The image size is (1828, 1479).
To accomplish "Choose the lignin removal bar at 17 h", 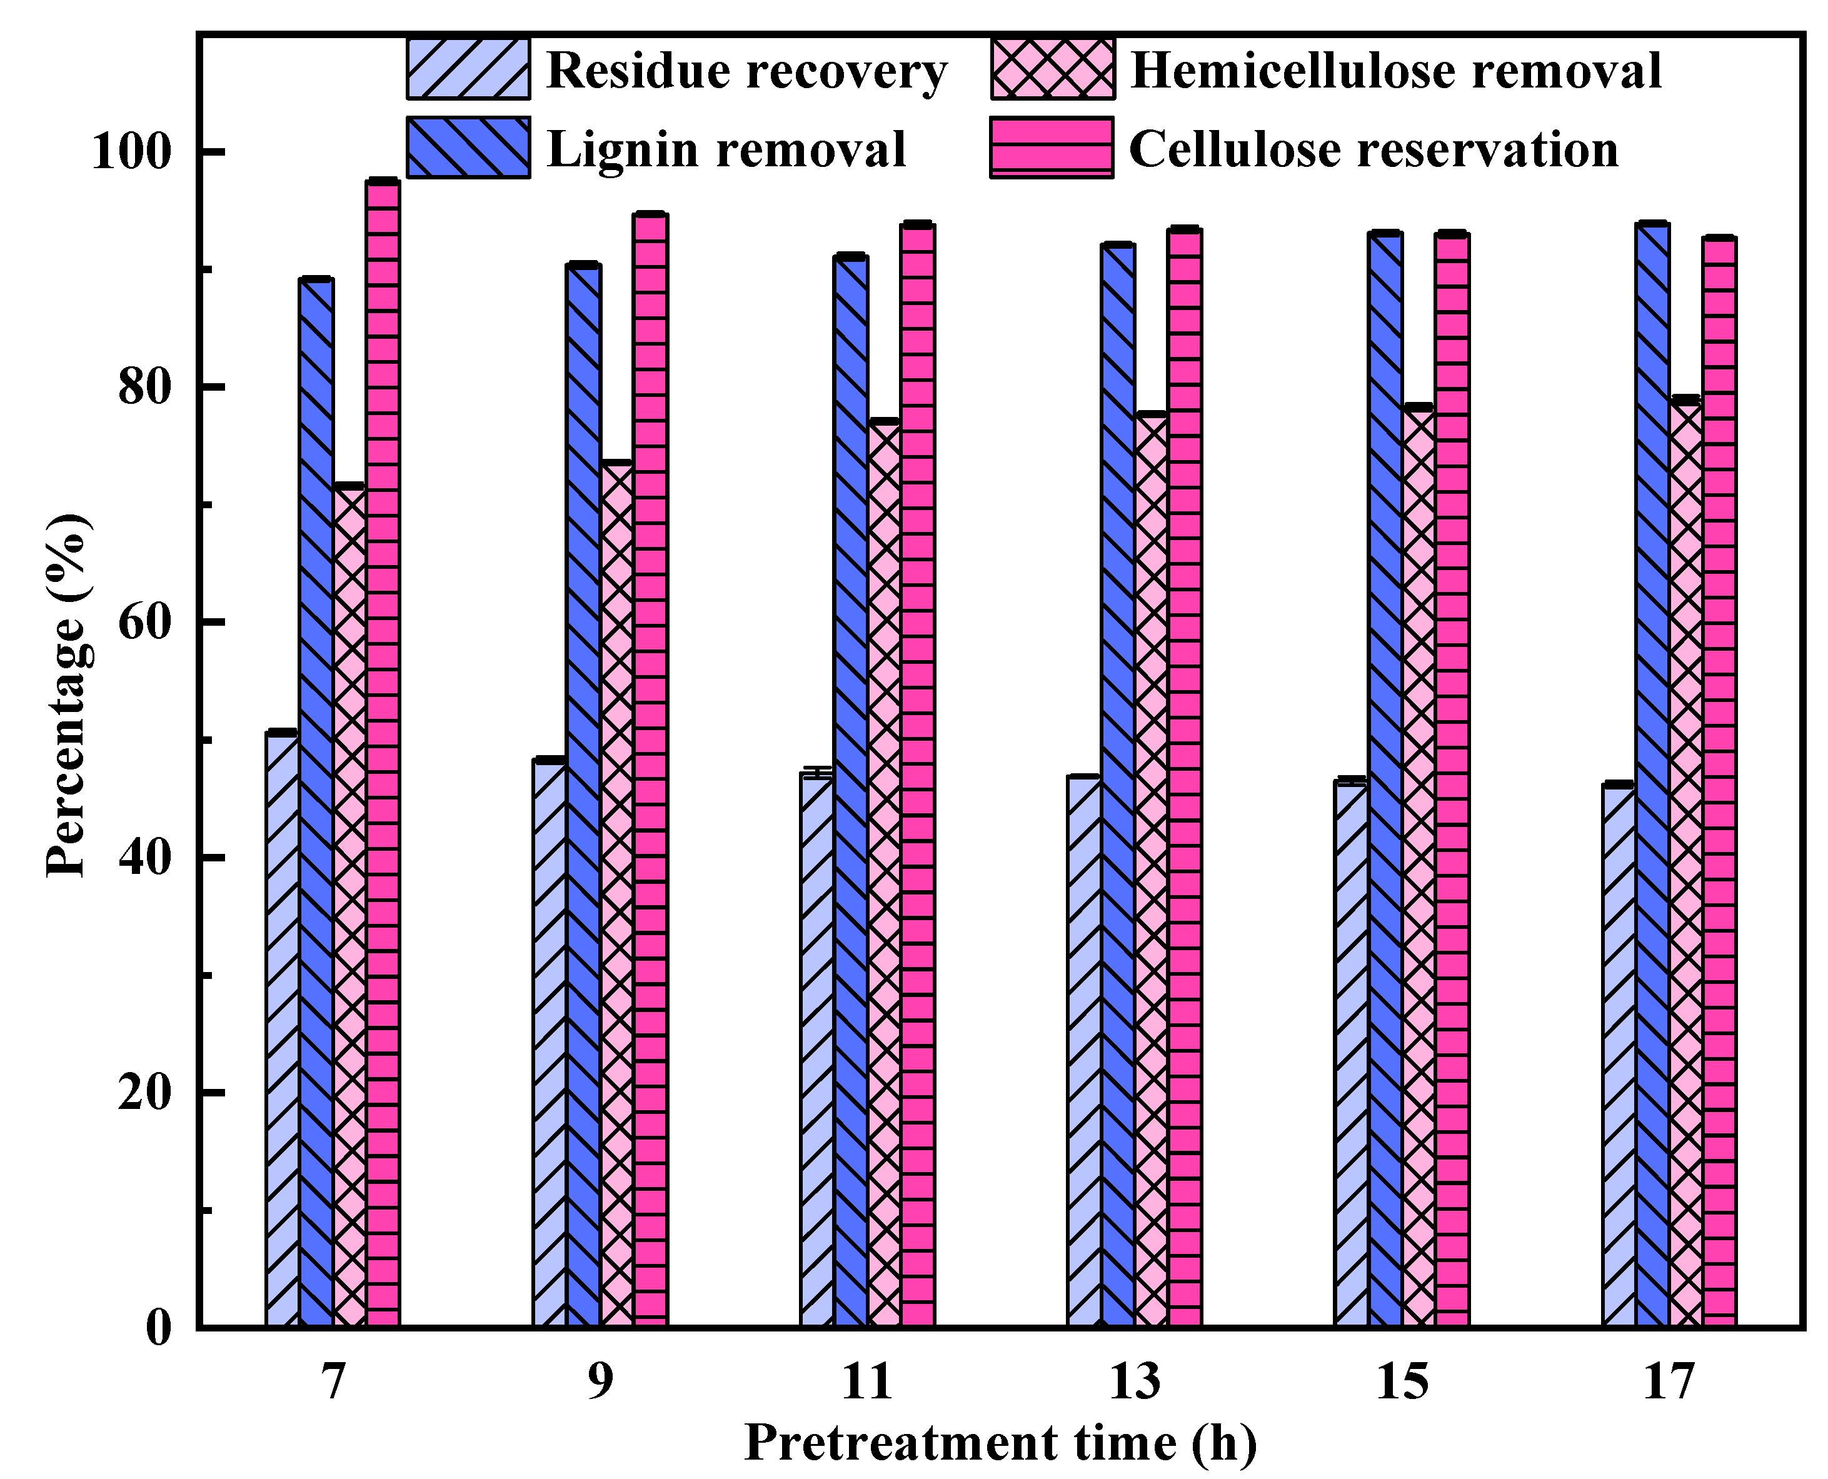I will tap(1652, 775).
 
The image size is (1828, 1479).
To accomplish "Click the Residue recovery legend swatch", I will tap(468, 69).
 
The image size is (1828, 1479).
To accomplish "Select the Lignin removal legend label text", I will tap(726, 150).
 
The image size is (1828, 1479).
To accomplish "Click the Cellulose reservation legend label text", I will tap(1372, 150).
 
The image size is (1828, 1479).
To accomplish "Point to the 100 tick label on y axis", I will tap(130, 153).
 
